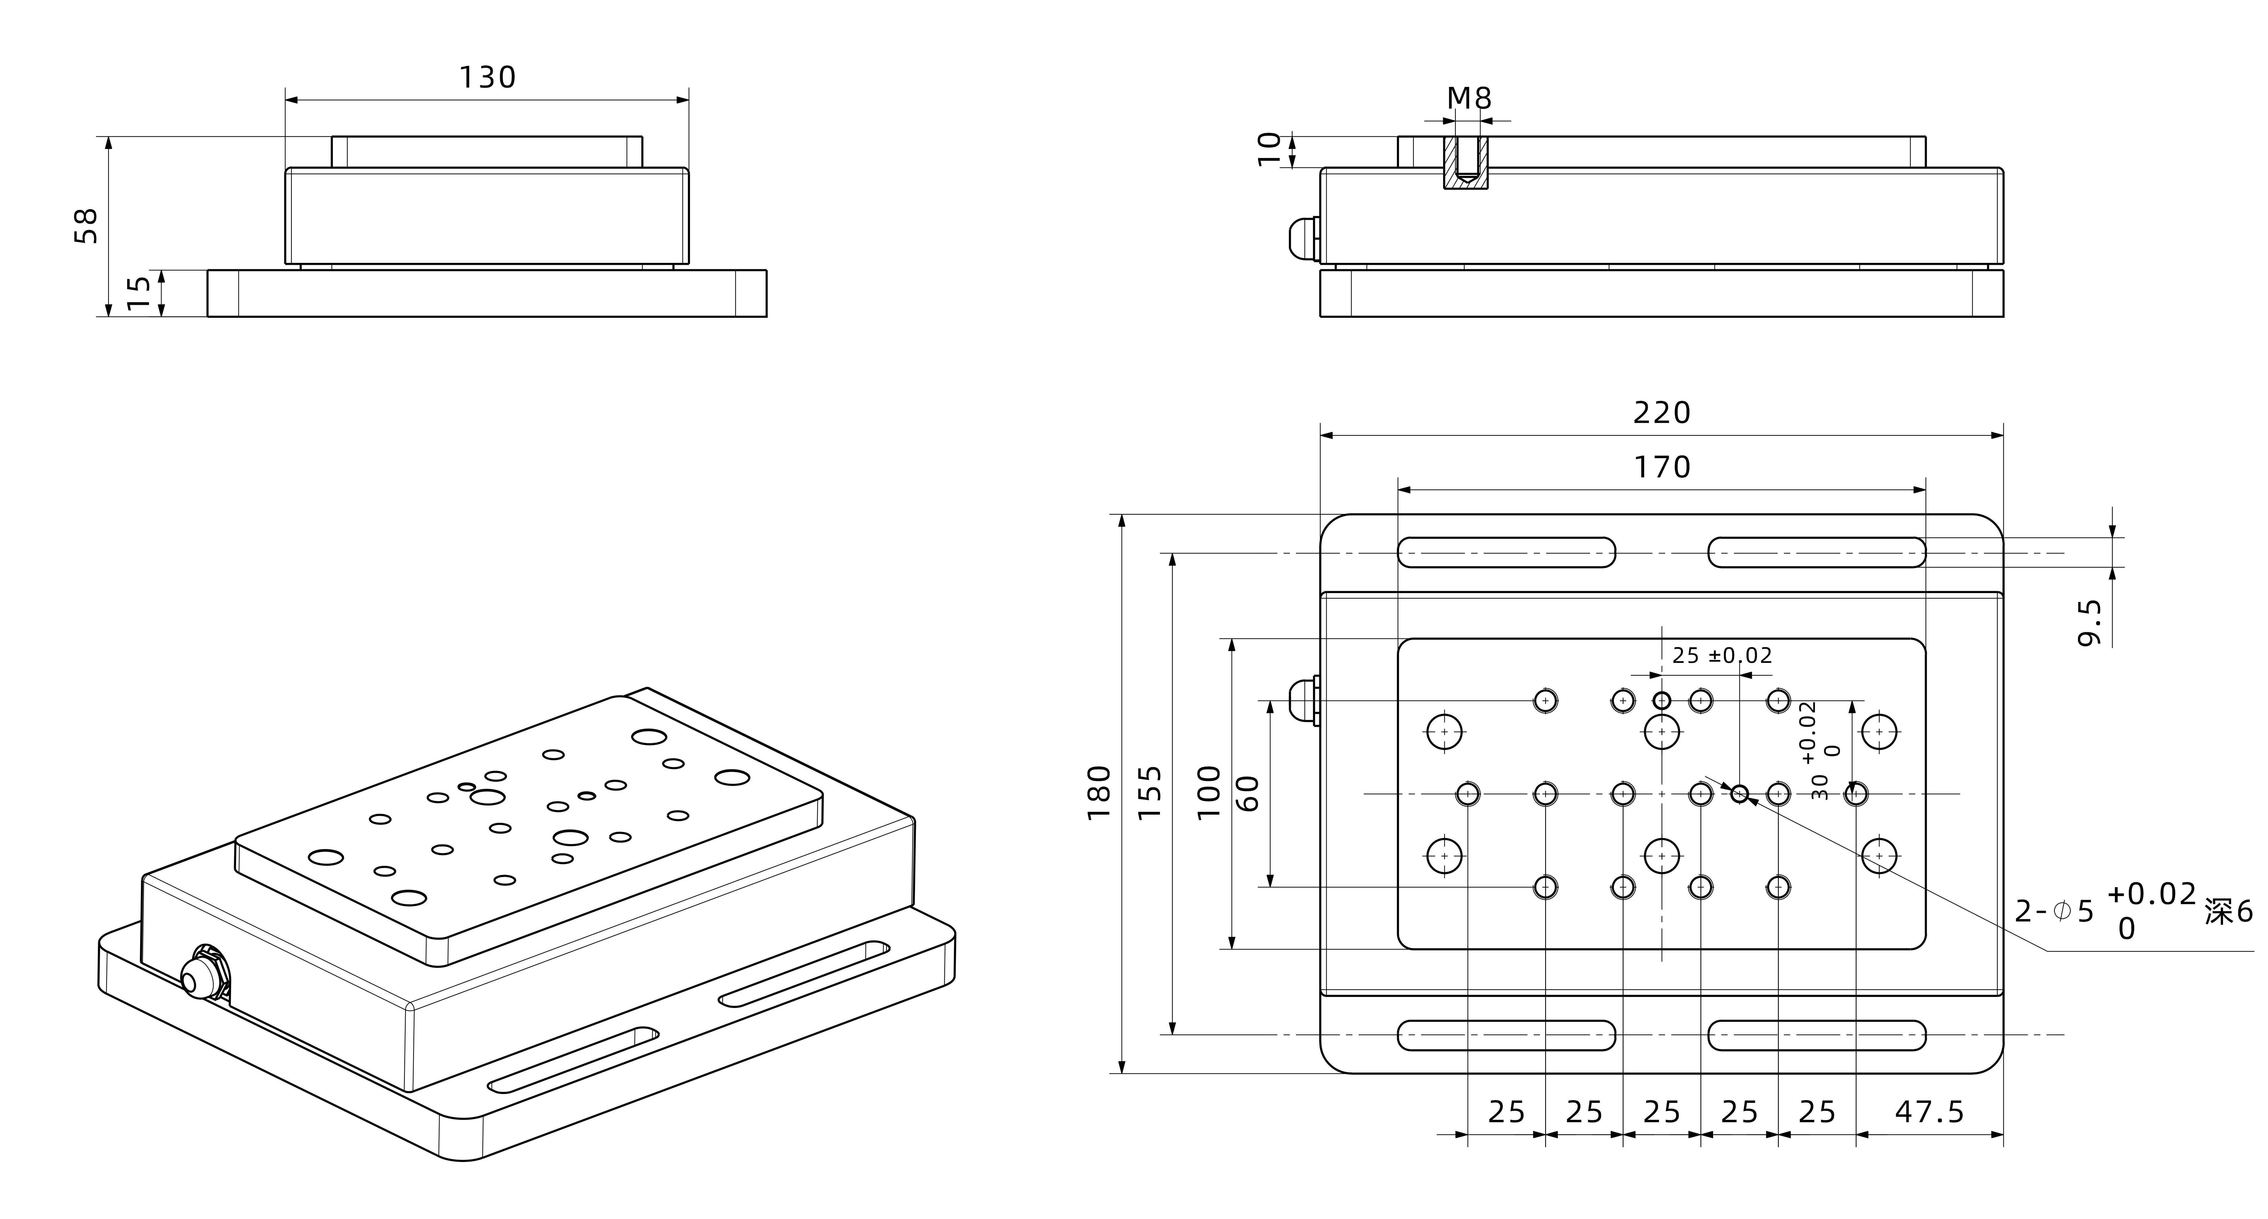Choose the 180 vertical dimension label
pos(1099,793)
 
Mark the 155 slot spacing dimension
pos(1150,793)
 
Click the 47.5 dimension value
pos(1929,1113)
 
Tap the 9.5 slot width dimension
pos(2089,623)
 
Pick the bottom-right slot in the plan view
pos(1816,1035)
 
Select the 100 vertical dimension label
pos(1209,793)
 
